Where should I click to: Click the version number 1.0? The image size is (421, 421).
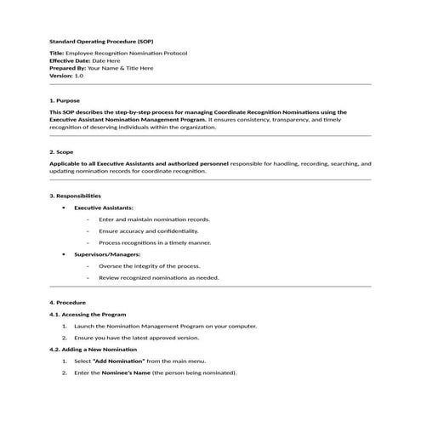tap(79, 76)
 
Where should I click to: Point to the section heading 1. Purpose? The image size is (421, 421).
tap(65, 100)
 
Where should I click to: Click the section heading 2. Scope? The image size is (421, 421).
tap(62, 152)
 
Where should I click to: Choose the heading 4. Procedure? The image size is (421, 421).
tap(67, 303)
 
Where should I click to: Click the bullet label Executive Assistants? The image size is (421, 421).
tap(104, 208)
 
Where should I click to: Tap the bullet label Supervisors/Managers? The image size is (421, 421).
tap(107, 254)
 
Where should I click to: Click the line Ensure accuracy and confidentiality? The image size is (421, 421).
tap(148, 230)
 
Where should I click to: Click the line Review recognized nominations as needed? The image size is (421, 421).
tap(158, 277)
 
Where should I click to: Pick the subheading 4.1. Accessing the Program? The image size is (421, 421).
tap(88, 315)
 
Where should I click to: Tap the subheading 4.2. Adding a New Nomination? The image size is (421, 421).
tap(93, 350)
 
